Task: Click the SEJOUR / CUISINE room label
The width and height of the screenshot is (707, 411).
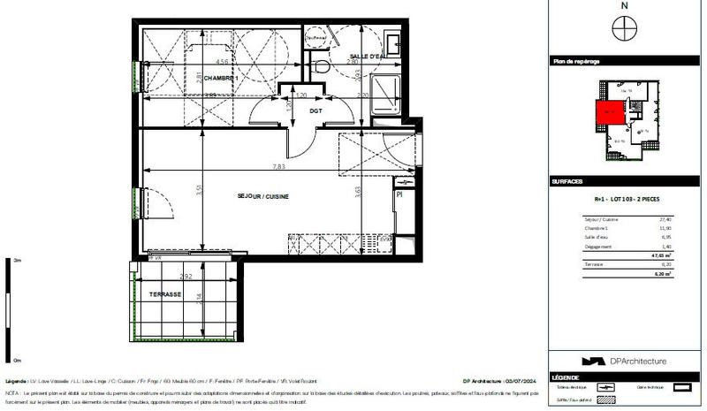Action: (x=263, y=195)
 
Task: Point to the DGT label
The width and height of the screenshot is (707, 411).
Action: (x=314, y=110)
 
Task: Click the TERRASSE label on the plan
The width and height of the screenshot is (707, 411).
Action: (x=165, y=294)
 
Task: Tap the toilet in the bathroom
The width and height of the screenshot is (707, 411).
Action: (x=322, y=66)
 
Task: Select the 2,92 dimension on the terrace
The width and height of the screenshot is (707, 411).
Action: (x=186, y=277)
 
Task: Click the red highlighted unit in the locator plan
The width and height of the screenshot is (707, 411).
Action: (x=608, y=114)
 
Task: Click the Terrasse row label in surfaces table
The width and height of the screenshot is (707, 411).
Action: (x=595, y=264)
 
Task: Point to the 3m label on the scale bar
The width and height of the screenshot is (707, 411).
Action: (x=18, y=261)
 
